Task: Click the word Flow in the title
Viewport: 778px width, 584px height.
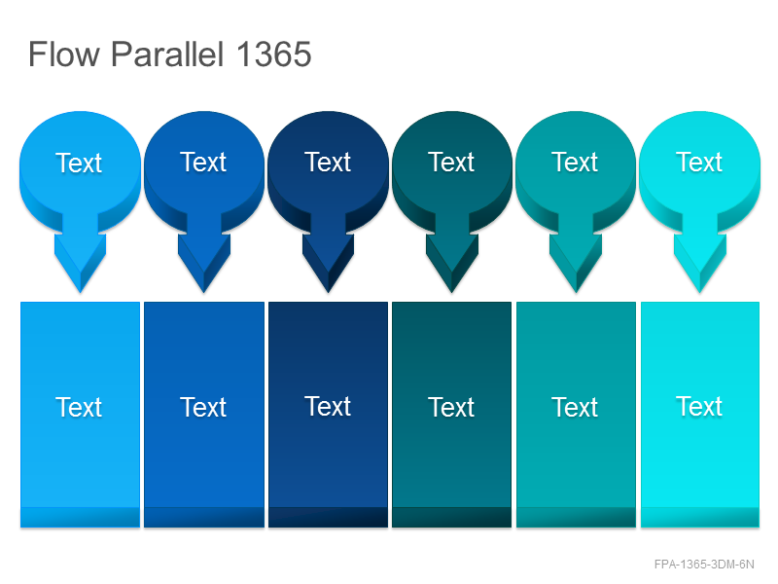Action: [x=64, y=55]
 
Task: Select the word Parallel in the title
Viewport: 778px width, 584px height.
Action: [x=167, y=54]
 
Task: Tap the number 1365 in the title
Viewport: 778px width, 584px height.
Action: [x=273, y=55]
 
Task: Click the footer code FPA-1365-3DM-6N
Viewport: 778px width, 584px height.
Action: [x=704, y=565]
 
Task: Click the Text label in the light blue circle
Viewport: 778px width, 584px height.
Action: [x=79, y=163]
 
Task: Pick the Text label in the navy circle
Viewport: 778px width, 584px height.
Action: [x=328, y=162]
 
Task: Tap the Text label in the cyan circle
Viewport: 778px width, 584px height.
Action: [x=699, y=162]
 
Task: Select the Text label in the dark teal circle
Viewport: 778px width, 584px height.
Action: [x=451, y=162]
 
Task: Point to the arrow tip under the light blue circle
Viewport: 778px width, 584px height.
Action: [x=81, y=293]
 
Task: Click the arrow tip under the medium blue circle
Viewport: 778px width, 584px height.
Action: [x=204, y=293]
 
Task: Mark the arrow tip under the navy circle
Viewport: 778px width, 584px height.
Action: [x=328, y=293]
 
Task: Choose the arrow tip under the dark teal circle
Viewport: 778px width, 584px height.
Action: [x=452, y=293]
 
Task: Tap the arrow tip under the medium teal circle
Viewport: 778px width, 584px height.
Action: [x=576, y=293]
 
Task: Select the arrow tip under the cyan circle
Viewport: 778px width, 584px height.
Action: [x=700, y=293]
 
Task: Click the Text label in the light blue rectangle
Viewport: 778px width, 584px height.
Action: [x=79, y=407]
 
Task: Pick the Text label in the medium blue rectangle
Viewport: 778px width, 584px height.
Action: [x=203, y=407]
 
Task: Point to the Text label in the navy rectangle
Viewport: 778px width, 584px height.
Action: [x=328, y=406]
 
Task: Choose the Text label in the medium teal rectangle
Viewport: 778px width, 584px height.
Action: [x=575, y=407]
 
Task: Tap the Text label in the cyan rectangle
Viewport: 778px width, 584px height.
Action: [x=699, y=406]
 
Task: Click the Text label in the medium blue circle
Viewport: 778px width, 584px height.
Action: [x=203, y=162]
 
